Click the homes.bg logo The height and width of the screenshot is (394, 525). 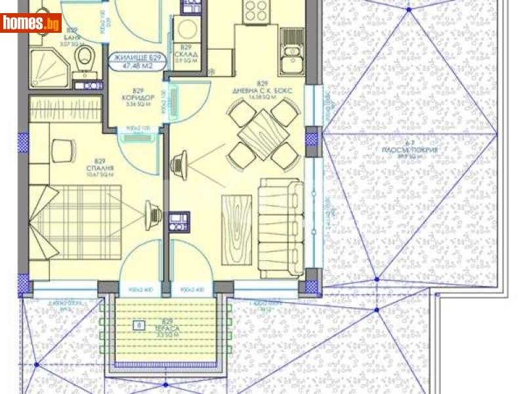coord(31,23)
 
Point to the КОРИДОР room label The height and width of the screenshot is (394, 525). coord(138,98)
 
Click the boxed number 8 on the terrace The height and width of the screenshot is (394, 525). coord(138,324)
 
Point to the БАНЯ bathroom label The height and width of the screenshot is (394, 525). coord(72,39)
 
